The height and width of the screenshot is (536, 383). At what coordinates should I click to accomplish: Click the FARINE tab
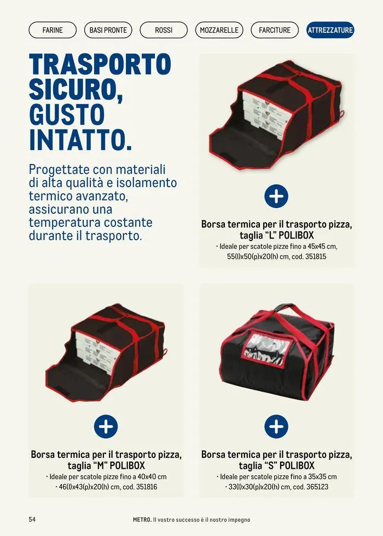(x=53, y=30)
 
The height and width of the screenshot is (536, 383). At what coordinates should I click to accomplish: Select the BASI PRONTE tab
(x=108, y=30)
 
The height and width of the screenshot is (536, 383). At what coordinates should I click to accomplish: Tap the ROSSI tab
(x=164, y=30)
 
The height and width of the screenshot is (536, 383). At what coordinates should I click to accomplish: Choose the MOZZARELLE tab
(x=219, y=30)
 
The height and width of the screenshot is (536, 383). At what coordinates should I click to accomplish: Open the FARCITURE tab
(x=275, y=30)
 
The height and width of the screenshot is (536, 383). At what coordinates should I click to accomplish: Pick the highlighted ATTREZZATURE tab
(x=330, y=30)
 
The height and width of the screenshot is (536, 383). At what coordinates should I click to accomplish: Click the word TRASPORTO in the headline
(x=100, y=65)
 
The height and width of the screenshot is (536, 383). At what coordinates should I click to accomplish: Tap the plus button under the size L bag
(x=276, y=196)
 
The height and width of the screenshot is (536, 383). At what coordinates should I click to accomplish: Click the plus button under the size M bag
(x=106, y=426)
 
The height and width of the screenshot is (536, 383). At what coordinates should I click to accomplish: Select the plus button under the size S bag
(x=276, y=426)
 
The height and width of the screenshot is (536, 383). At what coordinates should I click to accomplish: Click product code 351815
(x=315, y=256)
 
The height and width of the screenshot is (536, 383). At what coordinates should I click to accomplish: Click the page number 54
(x=32, y=519)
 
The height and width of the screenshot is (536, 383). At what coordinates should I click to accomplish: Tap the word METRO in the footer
(x=141, y=519)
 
